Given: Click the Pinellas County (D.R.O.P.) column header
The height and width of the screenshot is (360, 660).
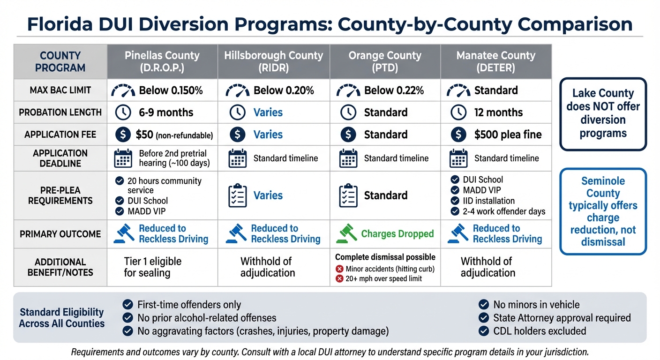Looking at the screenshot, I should tap(162, 61).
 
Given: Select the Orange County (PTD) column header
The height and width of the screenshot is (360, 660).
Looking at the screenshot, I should tap(385, 61).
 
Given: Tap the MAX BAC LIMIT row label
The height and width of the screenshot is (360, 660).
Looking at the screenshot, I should tap(60, 90).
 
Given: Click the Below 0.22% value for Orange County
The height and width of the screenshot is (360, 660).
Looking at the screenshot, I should tap(394, 90).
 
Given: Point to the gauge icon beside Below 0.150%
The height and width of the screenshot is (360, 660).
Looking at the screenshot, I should tap(123, 90).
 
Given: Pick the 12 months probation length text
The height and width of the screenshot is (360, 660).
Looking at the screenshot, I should tap(498, 112).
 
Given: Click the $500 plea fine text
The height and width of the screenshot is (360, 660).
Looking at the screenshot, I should tap(508, 135).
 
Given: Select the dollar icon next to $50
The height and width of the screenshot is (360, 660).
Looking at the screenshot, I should tap(123, 135).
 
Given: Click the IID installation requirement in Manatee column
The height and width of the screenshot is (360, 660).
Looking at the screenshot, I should tap(488, 201).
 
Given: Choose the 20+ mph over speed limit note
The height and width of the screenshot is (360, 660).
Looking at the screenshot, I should tap(383, 278).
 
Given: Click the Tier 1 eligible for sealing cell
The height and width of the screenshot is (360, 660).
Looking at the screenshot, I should tap(152, 267).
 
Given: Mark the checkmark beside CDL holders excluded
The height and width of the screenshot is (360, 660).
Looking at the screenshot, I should tap(484, 331).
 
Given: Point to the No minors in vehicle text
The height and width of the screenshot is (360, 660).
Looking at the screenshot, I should tap(536, 305).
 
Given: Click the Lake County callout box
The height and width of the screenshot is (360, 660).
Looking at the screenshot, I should tap(603, 113).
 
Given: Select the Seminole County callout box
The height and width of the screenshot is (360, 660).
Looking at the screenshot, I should tap(603, 211).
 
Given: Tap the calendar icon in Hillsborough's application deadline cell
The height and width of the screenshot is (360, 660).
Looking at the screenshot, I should tap(237, 158).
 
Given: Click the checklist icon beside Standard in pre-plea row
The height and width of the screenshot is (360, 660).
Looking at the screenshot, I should tap(348, 196).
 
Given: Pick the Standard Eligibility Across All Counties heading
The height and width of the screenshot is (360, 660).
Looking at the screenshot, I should tap(62, 318).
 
